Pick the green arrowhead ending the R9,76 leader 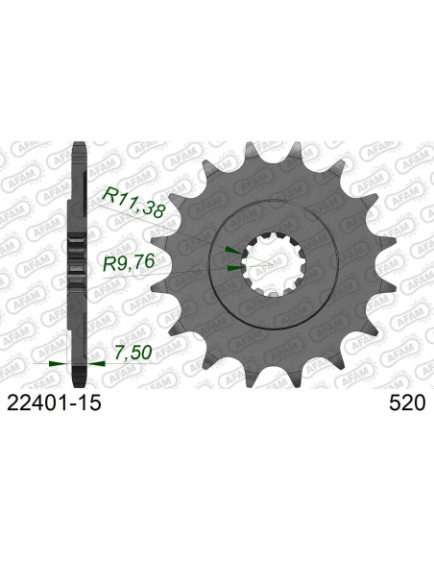coord(233,269)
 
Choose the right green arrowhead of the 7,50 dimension coord(97,364)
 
